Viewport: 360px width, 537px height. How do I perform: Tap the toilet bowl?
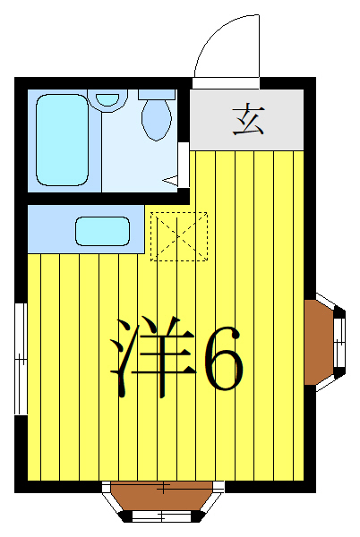coord(158,120)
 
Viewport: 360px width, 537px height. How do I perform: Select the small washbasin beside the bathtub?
coord(108,98)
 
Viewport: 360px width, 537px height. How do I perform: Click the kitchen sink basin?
coord(103,230)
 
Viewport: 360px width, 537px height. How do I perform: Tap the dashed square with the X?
coord(178,236)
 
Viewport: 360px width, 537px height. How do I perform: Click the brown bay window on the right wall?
coord(319,341)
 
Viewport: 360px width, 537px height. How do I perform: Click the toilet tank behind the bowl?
coord(158,93)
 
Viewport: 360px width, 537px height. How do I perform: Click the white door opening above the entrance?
coord(226,83)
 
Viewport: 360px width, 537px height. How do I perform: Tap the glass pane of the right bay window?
coord(340,341)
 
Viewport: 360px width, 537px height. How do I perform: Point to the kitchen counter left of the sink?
coord(50,229)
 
